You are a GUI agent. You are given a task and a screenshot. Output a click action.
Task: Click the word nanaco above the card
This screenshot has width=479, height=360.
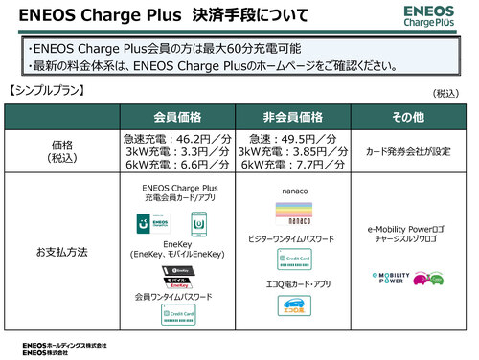pos(293,191)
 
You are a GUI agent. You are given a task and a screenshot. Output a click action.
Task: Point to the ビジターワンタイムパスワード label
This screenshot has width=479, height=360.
pos(293,236)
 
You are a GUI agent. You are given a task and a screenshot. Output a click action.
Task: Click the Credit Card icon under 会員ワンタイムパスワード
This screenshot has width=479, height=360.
pos(179,314)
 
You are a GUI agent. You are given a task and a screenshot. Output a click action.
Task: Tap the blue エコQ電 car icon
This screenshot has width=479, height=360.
pos(293,305)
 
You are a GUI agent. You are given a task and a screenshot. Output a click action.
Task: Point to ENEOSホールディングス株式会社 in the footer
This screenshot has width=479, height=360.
pos(64,344)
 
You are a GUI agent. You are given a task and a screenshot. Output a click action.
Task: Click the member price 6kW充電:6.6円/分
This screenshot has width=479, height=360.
pos(179,164)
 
